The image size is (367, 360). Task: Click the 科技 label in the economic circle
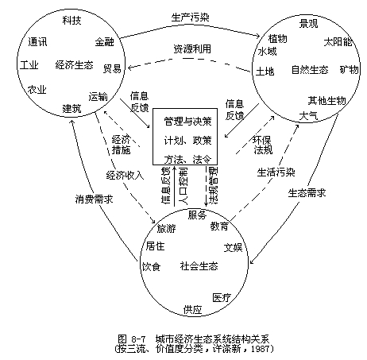pyautogui.click(x=71, y=21)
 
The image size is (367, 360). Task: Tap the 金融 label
pyautogui.click(x=105, y=42)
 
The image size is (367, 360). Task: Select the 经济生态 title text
pyautogui.click(x=75, y=65)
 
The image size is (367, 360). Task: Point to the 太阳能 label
pyautogui.click(x=338, y=42)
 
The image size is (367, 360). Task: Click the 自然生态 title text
pyautogui.click(x=310, y=70)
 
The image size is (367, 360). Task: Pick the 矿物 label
pyautogui.click(x=350, y=70)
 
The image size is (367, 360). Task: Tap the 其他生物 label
pyautogui.click(x=326, y=101)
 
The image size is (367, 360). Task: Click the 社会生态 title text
pyautogui.click(x=199, y=265)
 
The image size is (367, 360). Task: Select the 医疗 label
pyautogui.click(x=222, y=298)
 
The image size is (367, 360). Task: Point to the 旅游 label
pyautogui.click(x=166, y=228)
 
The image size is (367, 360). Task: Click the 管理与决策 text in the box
pyautogui.click(x=187, y=122)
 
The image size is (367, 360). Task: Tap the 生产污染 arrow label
pyautogui.click(x=191, y=17)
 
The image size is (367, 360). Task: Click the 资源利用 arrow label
pyautogui.click(x=192, y=49)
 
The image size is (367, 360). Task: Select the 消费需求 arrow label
pyautogui.click(x=94, y=199)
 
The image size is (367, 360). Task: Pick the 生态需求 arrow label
pyautogui.click(x=307, y=193)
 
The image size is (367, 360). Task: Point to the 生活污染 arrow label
pyautogui.click(x=276, y=172)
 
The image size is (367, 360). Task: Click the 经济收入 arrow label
pyautogui.click(x=125, y=175)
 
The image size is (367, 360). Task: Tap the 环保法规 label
pyautogui.click(x=262, y=145)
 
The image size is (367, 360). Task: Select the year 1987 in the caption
pyautogui.click(x=259, y=348)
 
